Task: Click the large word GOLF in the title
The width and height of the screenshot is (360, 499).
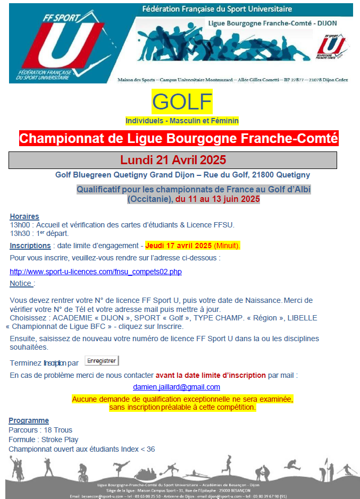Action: [182, 102]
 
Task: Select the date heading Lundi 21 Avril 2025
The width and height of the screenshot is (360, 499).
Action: [173, 160]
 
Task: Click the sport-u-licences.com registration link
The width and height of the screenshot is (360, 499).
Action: [96, 272]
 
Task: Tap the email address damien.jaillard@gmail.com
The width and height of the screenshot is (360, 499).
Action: [176, 387]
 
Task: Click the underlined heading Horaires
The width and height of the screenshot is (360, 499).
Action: [24, 216]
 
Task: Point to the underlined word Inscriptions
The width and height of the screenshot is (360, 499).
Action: [30, 246]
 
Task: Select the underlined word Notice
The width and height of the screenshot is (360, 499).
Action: [21, 284]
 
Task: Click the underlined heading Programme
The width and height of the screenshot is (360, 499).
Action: [29, 420]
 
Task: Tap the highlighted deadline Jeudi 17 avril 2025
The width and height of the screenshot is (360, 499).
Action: [179, 246]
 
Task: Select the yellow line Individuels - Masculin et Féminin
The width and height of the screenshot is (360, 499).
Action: [182, 121]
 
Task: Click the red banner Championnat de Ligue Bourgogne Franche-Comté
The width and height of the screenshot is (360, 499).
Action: [179, 139]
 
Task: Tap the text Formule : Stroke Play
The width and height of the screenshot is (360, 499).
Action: [44, 439]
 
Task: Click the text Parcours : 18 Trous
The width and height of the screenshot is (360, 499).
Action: [40, 430]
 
